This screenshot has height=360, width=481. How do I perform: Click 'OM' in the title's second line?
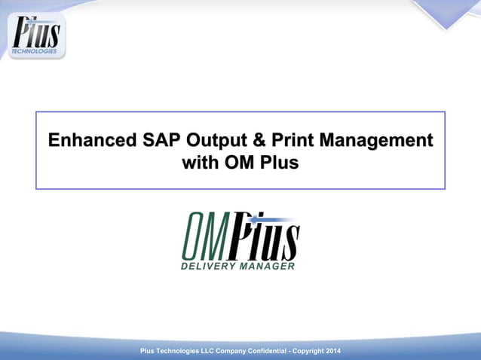tap(240, 163)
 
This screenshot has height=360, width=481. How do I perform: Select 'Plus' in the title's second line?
tap(279, 163)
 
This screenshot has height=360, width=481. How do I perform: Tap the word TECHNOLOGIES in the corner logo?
tap(34, 51)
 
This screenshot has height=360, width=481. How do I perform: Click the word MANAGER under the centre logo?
tap(267, 266)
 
